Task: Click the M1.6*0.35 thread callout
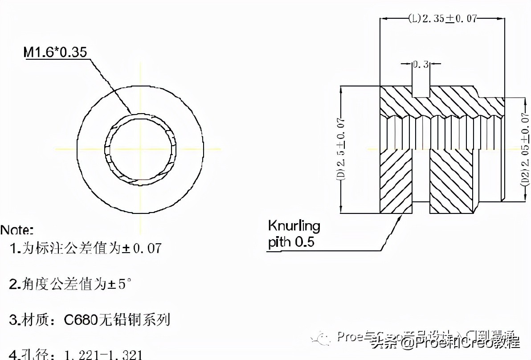56,53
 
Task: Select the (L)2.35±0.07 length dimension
442,19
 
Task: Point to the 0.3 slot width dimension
420,65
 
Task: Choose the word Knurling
294,226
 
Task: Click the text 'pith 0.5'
291,242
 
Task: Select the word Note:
17,230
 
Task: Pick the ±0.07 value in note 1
142,248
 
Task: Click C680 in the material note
81,319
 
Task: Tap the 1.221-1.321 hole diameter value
103,355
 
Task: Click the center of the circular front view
140,148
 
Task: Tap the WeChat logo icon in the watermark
322,339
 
